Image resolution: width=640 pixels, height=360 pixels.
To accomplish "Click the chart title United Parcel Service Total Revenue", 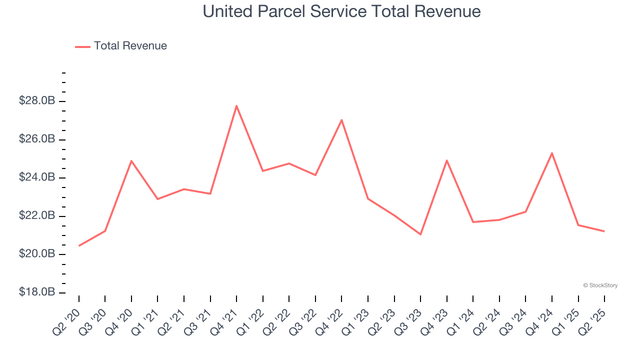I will pyautogui.click(x=341, y=11).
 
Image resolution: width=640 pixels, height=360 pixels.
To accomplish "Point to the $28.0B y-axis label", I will pyautogui.click(x=37, y=101).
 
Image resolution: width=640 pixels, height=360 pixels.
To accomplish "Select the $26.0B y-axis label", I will pyautogui.click(x=37, y=139).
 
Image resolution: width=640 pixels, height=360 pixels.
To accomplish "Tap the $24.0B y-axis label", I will pyautogui.click(x=37, y=177).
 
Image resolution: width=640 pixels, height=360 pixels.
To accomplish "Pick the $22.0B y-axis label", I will pyautogui.click(x=37, y=216).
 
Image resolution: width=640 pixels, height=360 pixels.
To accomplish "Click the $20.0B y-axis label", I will pyautogui.click(x=37, y=254).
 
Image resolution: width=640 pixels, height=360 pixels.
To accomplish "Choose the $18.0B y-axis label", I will pyautogui.click(x=37, y=292).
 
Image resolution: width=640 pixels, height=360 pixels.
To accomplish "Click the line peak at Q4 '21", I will pyautogui.click(x=236, y=105).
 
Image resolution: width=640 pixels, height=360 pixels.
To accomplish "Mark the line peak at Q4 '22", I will pyautogui.click(x=341, y=120).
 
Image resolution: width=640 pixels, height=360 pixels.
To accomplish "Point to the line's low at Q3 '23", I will pyautogui.click(x=420, y=234).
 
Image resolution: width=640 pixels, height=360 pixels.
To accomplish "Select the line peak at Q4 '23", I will pyautogui.click(x=446, y=160).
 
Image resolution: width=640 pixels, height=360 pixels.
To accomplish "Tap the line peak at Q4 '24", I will pyautogui.click(x=552, y=153).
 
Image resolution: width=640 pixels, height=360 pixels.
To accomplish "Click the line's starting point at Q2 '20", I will pyautogui.click(x=79, y=246).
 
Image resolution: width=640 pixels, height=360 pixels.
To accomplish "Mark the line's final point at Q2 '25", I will pyautogui.click(x=604, y=231).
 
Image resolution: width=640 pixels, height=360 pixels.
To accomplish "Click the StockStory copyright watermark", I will pyautogui.click(x=600, y=285).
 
